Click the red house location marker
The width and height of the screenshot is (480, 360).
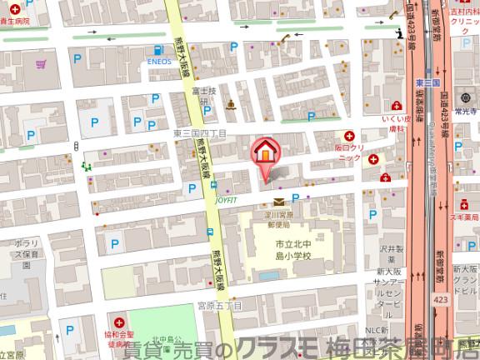point(265,152)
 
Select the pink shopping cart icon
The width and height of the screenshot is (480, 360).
point(40,64)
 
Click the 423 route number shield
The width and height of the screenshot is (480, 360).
point(440,298)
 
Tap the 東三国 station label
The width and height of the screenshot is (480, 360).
point(427,83)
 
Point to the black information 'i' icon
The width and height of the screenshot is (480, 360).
point(401,32)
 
